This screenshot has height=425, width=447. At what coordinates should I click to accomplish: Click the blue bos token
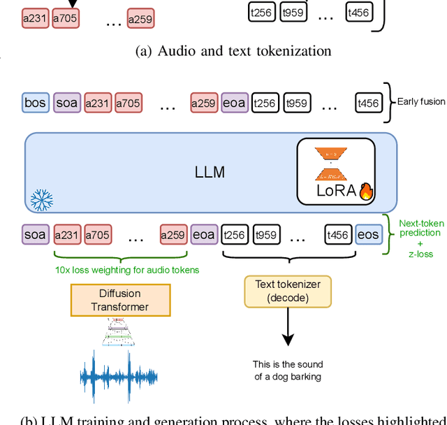click(x=35, y=103)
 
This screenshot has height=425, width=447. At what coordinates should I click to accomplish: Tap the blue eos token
click(x=367, y=235)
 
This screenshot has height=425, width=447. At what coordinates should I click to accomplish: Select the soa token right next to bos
click(x=67, y=103)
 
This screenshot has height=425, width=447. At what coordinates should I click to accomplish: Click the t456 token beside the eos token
click(x=338, y=235)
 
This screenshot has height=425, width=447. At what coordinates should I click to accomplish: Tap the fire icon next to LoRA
click(x=366, y=191)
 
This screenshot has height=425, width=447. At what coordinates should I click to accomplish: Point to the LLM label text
click(x=210, y=171)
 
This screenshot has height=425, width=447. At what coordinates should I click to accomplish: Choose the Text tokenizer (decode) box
click(x=287, y=291)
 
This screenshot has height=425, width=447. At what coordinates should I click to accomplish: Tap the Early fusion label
click(x=421, y=102)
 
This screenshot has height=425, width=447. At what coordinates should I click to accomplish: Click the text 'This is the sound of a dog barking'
click(x=287, y=370)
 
